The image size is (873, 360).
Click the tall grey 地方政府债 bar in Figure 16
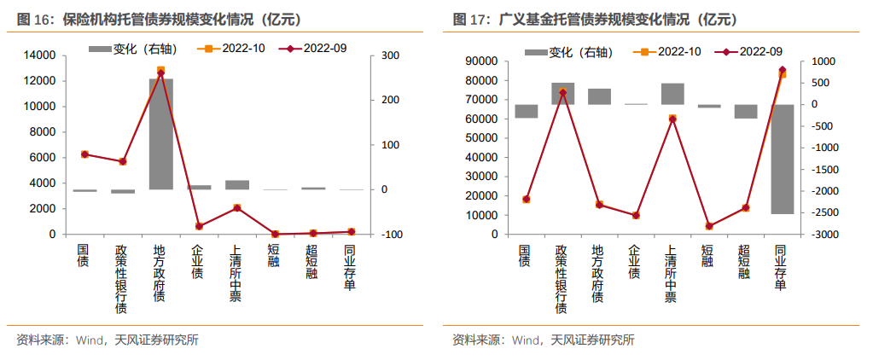[x=160, y=134]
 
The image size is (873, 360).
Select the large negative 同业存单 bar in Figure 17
[x=782, y=159]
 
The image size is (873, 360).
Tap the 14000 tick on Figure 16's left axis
[x=42, y=55]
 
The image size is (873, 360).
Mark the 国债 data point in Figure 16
[x=84, y=154]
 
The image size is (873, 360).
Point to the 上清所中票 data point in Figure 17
[x=672, y=119]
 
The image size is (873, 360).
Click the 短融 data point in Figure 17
[x=708, y=226]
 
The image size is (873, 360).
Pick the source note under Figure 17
[x=544, y=340]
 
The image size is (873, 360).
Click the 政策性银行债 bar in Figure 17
[x=562, y=94]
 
